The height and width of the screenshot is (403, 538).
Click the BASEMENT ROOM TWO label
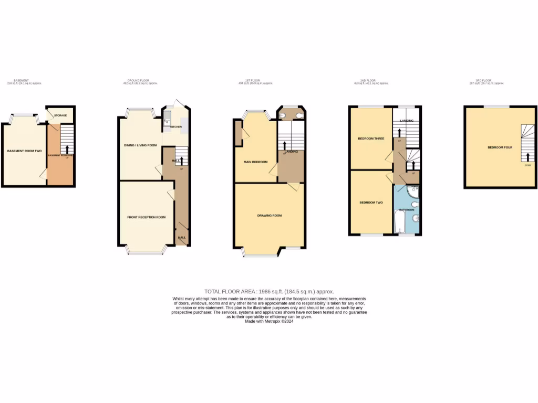[x=24, y=151]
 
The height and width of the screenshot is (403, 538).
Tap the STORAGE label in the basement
[x=60, y=115]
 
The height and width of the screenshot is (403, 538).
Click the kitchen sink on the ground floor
[x=167, y=124]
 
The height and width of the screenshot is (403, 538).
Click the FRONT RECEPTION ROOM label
[x=146, y=217]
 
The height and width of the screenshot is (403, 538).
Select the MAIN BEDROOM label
[x=255, y=162]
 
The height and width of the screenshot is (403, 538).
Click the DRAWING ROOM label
[x=269, y=215]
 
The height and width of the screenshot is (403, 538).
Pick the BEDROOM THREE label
[x=371, y=139]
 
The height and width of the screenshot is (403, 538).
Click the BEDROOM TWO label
[x=370, y=202]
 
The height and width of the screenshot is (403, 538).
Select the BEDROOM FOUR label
[x=499, y=147]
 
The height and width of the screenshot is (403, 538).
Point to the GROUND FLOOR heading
[x=139, y=81]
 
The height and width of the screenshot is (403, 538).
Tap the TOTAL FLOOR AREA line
[x=269, y=291]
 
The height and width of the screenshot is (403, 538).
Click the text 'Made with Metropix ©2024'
[x=269, y=321]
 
